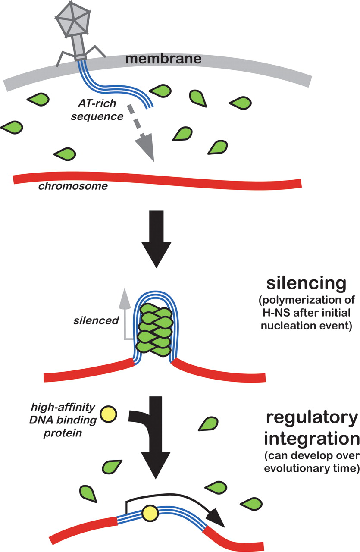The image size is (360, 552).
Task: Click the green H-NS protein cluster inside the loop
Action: click(x=153, y=332)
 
